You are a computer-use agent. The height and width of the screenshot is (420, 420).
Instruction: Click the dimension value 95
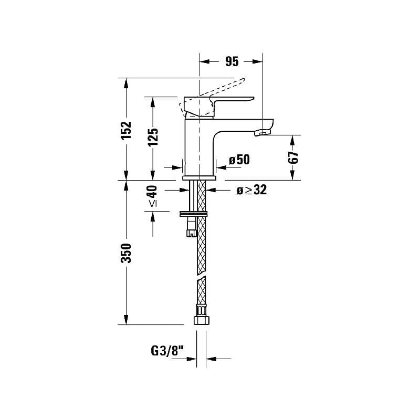(x=232, y=62)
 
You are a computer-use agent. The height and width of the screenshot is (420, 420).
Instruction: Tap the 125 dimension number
(x=152, y=138)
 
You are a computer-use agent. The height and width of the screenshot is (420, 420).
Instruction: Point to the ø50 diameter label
(x=239, y=160)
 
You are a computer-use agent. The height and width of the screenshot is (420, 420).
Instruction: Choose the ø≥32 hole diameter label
(x=251, y=191)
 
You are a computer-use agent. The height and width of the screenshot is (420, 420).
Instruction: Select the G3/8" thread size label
(x=167, y=351)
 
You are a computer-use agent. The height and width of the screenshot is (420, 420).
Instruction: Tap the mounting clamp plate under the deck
(x=194, y=213)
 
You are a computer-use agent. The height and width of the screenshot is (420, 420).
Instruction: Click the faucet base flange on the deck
(x=199, y=178)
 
